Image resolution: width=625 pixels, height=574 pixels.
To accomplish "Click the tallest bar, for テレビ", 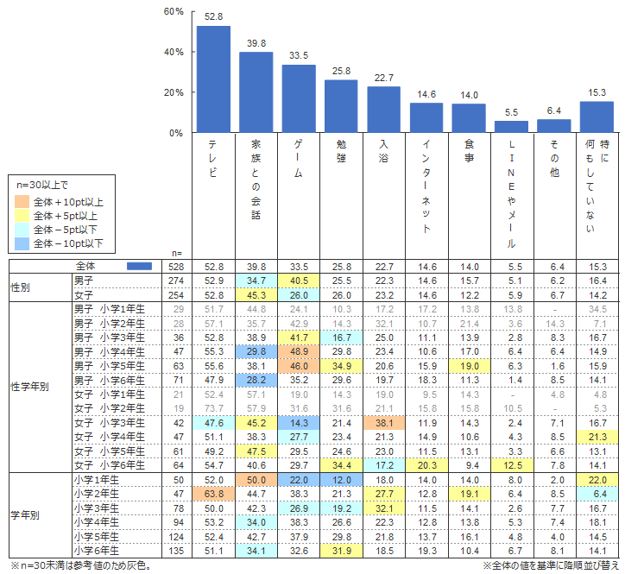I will pos(213,79).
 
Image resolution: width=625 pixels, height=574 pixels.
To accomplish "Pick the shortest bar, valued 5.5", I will pos(511,127).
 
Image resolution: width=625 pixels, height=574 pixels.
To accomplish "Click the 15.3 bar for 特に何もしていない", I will pos(597,117).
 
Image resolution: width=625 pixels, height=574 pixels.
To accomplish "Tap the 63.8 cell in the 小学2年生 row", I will pos(213,494).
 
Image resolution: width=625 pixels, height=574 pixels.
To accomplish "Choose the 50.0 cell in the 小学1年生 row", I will pos(256,479).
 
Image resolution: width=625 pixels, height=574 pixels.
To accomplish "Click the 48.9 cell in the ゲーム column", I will pos(299,353).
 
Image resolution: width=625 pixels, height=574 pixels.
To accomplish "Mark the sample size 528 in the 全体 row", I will pos(177,267).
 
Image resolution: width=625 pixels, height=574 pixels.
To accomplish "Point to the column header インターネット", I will pos(426,186).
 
